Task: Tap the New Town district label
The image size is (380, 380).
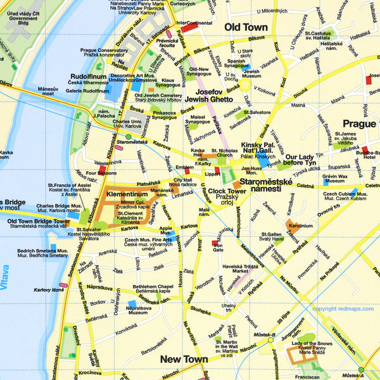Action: coord(184,359)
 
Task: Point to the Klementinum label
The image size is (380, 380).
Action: coord(127,193)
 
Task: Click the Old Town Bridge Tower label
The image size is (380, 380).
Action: coord(40,222)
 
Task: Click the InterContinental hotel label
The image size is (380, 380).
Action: coord(194,23)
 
